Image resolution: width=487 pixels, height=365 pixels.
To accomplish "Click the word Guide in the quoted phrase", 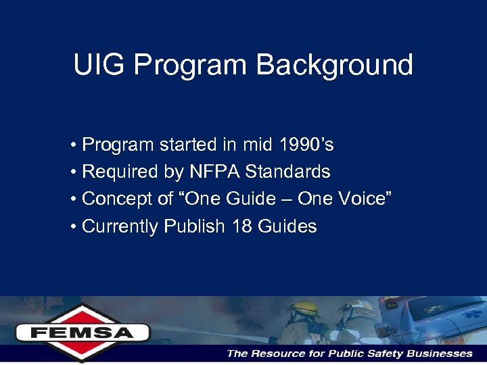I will (x=258, y=199).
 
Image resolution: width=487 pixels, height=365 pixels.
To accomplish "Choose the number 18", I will (x=241, y=226).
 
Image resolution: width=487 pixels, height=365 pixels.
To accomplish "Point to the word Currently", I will (x=120, y=226).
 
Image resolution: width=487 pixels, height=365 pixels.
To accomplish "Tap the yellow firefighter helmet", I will (x=302, y=309).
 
